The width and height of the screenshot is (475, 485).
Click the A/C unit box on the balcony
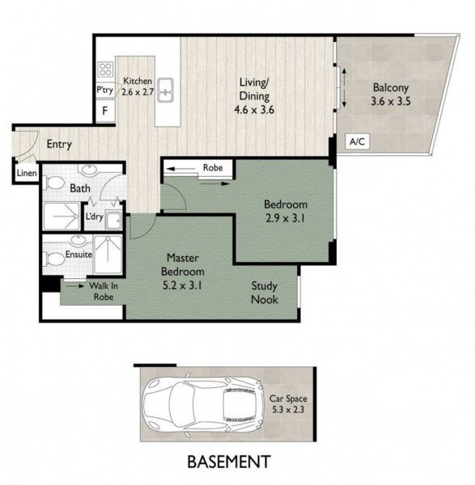click(358, 141)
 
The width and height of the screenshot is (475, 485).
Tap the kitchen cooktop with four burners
click(105, 70)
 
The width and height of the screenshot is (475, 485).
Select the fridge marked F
click(105, 111)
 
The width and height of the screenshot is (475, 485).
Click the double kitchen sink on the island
click(165, 90)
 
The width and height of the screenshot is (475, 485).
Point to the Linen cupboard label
click(27, 173)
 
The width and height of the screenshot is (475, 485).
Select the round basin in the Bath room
click(90, 169)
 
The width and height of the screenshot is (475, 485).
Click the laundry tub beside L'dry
click(113, 220)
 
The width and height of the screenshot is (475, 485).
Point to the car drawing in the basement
click(203, 404)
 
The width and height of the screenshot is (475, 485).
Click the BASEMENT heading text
click(229, 462)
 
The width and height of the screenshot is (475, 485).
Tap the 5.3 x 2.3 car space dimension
click(288, 410)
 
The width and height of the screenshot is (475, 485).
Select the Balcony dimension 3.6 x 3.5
click(391, 101)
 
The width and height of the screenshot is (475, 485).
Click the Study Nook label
click(264, 293)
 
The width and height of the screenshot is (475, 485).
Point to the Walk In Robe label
click(104, 291)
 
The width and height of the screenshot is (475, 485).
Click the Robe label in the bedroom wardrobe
click(213, 167)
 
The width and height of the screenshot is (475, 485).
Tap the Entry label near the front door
click(59, 144)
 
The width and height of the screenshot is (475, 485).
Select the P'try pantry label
click(104, 90)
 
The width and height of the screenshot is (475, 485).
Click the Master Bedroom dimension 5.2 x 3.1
click(182, 285)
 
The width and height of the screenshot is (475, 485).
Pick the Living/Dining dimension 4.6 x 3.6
click(254, 110)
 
